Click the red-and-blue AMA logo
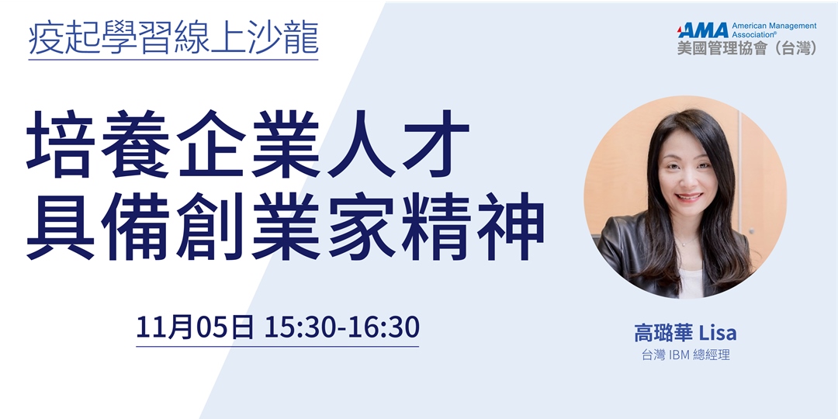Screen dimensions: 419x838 [703, 30]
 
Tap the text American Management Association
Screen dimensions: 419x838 [774, 30]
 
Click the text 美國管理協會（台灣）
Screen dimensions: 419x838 [747, 48]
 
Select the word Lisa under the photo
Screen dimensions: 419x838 [718, 334]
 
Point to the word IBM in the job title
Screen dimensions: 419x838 [680, 355]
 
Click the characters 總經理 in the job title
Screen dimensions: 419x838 [713, 355]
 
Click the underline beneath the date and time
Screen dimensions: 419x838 [277, 346]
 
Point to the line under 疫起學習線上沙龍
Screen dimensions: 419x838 [173, 60]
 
